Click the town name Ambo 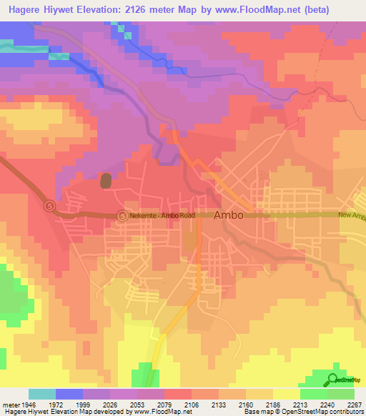229,215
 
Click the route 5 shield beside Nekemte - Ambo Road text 122,215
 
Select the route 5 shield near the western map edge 49,206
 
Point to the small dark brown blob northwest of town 106,181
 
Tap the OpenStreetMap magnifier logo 333,380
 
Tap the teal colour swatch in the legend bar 41,394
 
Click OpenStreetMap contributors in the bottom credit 332,412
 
